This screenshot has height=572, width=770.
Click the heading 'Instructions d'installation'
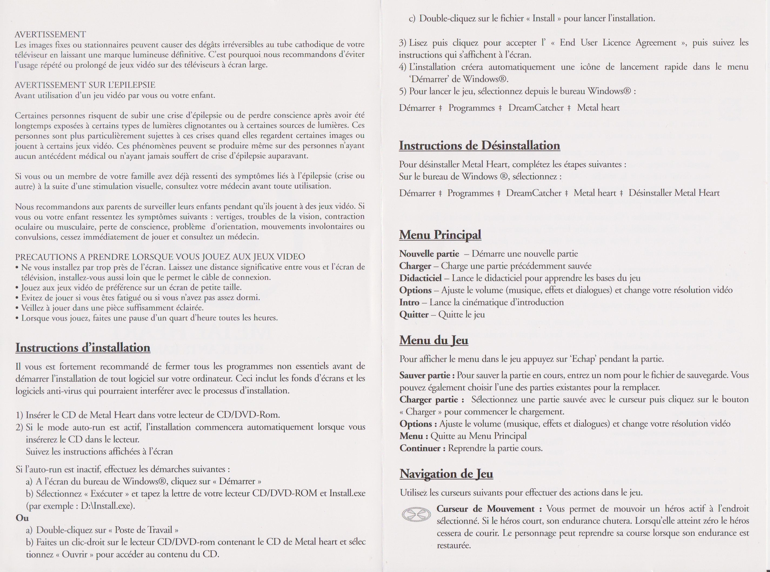(x=83, y=348)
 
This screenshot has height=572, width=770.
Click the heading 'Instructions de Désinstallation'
(x=479, y=145)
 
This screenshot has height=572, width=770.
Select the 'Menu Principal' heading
(x=440, y=235)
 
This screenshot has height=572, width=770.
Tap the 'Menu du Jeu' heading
(x=434, y=340)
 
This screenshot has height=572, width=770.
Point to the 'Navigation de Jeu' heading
(x=446, y=474)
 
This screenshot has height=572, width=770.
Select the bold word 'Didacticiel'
(x=420, y=278)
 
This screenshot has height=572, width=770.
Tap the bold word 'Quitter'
(x=414, y=314)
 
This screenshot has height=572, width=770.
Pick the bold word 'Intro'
(x=409, y=302)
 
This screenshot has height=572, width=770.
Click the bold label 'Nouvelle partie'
(x=429, y=254)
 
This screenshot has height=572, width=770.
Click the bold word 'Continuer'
(x=420, y=448)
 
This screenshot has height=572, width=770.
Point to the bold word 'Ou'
(x=22, y=518)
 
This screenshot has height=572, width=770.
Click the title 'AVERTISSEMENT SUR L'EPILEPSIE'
(x=85, y=85)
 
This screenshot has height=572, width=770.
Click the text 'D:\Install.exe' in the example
(x=107, y=506)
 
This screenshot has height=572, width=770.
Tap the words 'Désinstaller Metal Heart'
(x=674, y=193)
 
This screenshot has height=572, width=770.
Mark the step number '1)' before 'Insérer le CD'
(x=20, y=415)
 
